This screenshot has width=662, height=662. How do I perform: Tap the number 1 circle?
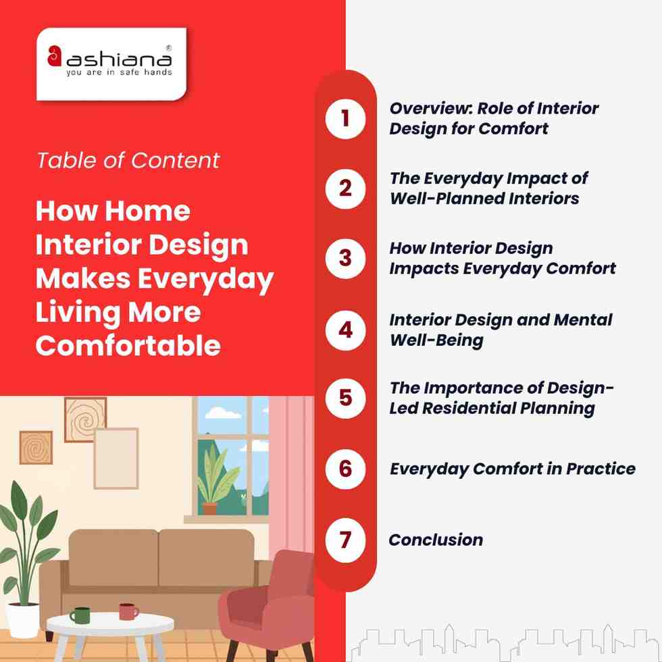click(345, 118)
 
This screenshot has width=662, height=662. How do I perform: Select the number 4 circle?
click(345, 330)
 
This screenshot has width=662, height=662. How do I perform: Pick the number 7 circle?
click(345, 540)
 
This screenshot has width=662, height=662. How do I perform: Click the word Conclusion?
click(436, 540)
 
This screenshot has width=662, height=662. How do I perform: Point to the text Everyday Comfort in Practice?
click(512, 469)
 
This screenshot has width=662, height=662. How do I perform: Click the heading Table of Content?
click(128, 160)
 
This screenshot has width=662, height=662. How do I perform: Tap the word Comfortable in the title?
click(128, 345)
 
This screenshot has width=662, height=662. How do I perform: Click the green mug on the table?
click(80, 615)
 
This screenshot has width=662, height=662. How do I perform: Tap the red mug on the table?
click(128, 611)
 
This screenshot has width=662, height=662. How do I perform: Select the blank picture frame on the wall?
click(116, 458)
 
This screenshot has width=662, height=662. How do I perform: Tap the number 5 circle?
click(345, 398)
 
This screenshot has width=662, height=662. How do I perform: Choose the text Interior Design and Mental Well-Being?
click(500, 329)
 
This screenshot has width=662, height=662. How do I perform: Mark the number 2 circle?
click(345, 188)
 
